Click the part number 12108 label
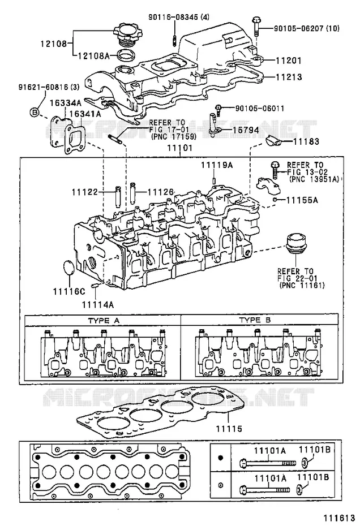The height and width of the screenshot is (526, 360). click(54, 44)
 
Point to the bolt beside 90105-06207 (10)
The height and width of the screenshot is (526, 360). click(256, 26)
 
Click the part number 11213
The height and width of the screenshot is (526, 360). click(289, 77)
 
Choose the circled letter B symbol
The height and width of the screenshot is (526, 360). click(35, 113)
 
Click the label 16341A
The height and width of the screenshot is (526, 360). click(85, 114)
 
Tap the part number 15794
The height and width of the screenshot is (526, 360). click(246, 130)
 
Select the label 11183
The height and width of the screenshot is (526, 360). click(306, 141)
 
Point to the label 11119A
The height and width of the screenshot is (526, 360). click(217, 165)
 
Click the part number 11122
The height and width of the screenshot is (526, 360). click(84, 192)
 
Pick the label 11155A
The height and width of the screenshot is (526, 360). click(302, 200)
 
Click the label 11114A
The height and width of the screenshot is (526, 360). click(98, 305)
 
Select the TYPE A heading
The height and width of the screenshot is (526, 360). click(104, 320)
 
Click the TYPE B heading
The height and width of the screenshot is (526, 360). click(255, 320)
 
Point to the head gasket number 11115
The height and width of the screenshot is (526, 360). click(229, 429)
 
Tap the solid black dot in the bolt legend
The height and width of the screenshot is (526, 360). click(221, 458)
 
